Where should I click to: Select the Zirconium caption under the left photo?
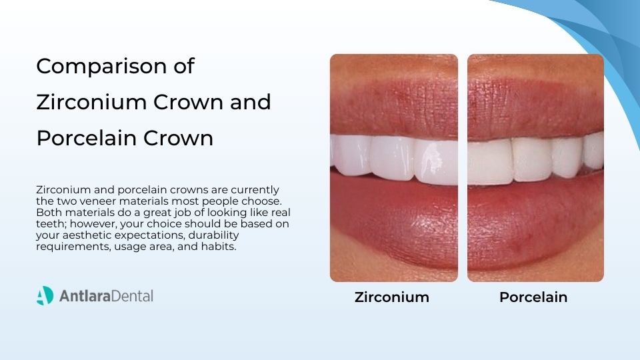pos(392,297)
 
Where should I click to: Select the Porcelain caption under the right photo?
pos(533,297)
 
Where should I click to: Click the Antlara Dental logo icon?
pos(45,295)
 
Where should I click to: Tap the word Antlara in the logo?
pos(81,295)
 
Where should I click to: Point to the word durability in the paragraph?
pos(215,235)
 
